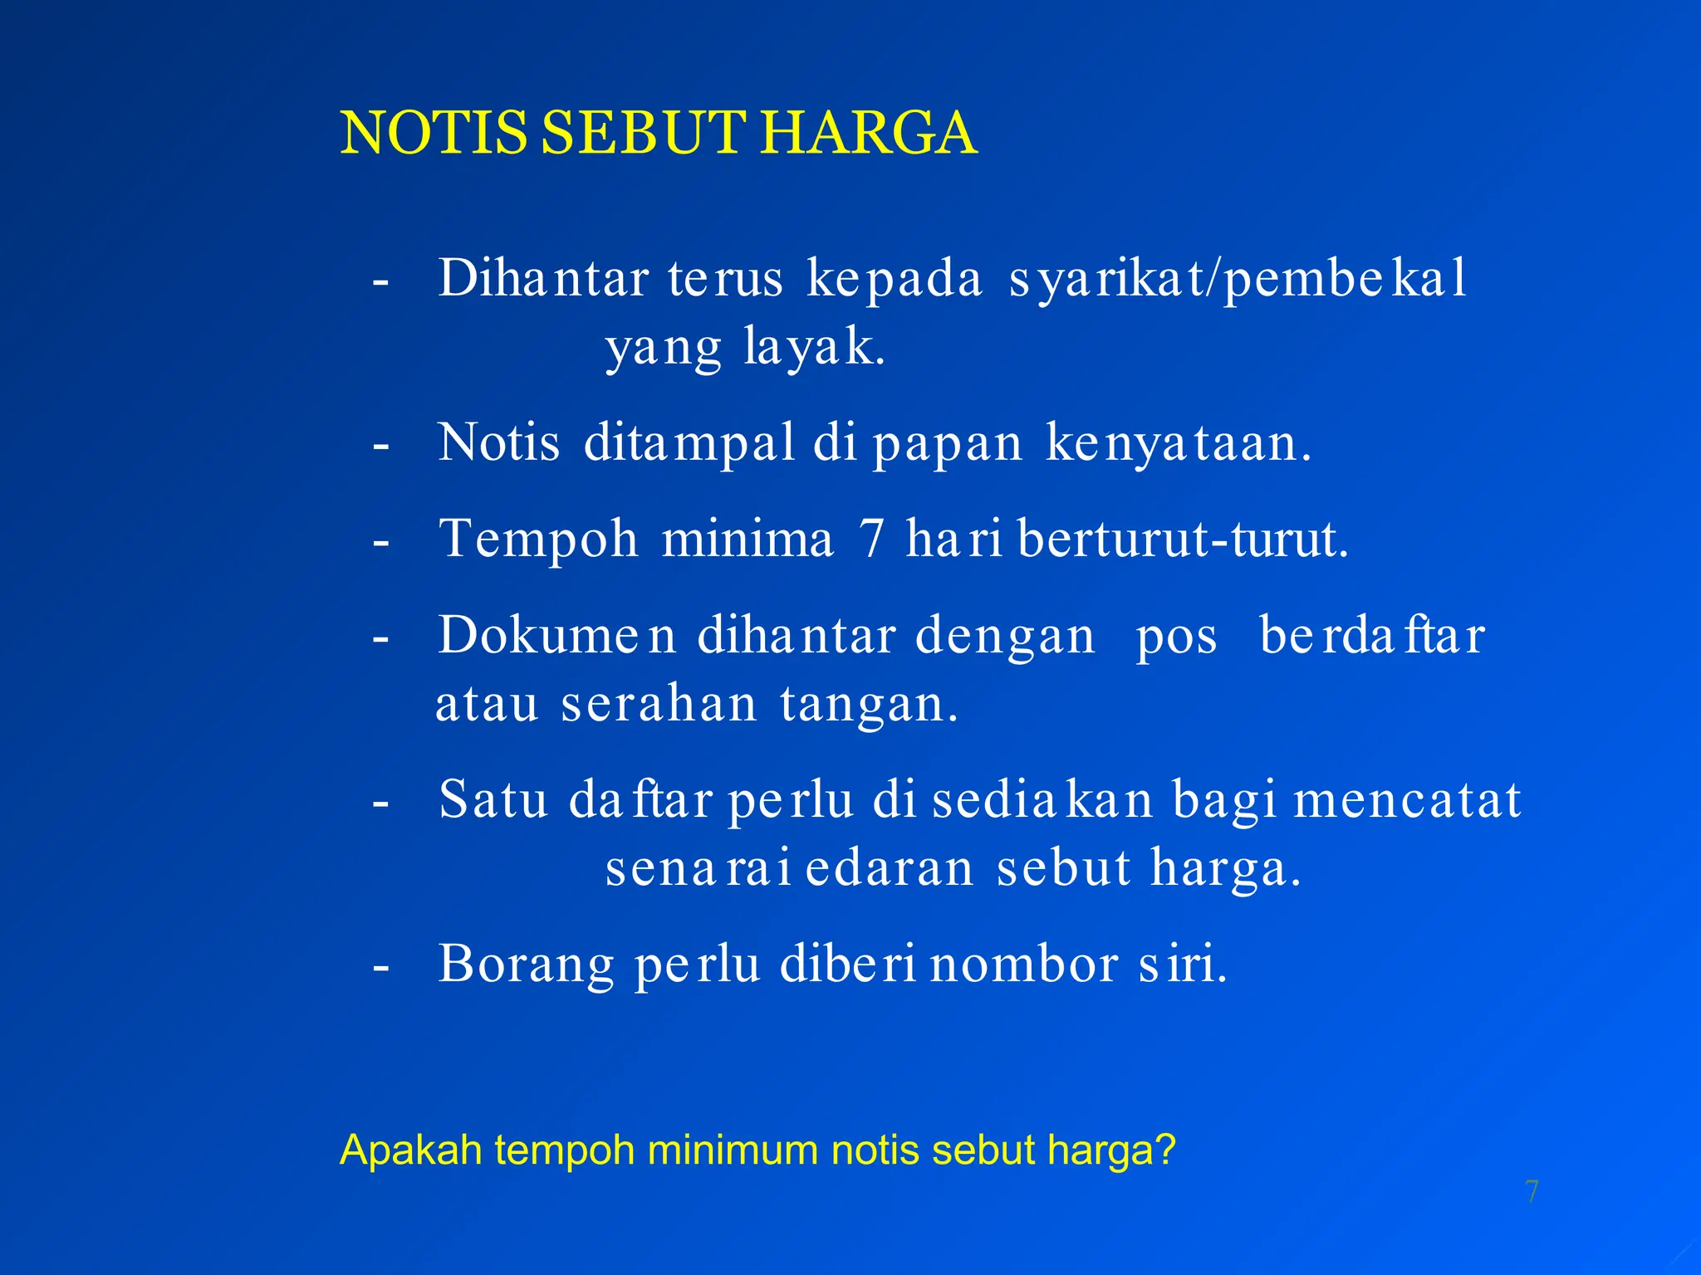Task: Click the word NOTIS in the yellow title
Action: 434,133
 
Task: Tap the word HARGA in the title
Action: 869,133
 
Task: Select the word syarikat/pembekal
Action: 1238,279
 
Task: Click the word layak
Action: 815,347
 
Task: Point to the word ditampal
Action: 689,442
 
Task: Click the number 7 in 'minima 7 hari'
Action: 871,539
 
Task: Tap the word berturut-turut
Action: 1183,539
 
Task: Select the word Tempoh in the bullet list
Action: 538,540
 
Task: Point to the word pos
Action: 1176,637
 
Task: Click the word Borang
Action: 527,965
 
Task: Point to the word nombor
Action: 1024,965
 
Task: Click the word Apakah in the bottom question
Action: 411,1150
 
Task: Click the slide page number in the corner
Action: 1532,1192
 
